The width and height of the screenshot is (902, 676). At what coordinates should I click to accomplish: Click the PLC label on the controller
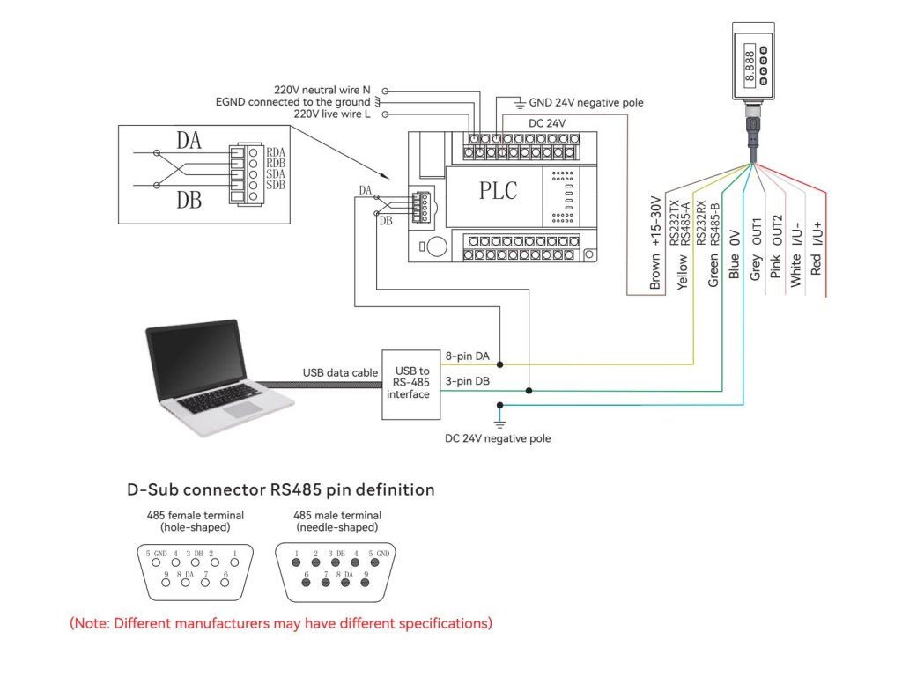tap(498, 190)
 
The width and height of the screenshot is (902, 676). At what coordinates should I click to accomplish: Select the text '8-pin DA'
tap(469, 356)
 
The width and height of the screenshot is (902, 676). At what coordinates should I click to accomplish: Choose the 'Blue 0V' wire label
tap(735, 256)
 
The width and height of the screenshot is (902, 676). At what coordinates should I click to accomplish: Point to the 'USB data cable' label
tap(339, 371)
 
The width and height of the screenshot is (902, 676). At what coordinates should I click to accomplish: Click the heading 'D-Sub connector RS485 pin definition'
tap(281, 489)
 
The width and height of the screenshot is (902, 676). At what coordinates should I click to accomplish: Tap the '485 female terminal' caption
tap(195, 521)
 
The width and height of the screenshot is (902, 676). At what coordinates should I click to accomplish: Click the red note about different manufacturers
tap(281, 623)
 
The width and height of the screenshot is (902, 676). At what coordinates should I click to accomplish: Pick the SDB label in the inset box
tap(275, 185)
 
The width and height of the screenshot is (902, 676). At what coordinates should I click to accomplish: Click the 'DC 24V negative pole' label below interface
tap(498, 438)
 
